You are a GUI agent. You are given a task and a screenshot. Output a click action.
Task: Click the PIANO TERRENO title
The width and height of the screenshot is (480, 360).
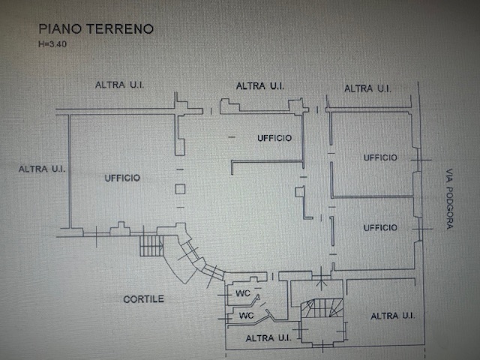[x=96, y=29]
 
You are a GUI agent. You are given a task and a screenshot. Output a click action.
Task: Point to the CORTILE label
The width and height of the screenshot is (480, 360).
[x=143, y=299]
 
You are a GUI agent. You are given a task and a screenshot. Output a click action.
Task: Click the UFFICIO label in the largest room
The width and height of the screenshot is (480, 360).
[x=122, y=178]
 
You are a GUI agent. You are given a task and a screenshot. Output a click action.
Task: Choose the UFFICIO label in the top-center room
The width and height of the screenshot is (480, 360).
[x=274, y=138]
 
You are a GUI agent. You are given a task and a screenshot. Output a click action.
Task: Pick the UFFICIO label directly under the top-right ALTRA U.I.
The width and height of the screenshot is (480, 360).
[x=380, y=157]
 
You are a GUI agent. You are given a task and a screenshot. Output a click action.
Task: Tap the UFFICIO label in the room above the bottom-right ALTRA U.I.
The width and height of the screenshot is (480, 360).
[x=380, y=227]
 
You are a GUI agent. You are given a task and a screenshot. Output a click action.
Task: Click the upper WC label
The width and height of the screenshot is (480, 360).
[x=243, y=292]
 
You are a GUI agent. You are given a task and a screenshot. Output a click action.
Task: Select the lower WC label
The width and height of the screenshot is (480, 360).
[x=245, y=316]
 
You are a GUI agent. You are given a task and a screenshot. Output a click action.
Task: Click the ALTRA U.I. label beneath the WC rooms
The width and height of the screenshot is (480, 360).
[x=268, y=338]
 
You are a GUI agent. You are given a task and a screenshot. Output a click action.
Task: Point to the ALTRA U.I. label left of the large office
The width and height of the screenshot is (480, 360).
[x=42, y=169]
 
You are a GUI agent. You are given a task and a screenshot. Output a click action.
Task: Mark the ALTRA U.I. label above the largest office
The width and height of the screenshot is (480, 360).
[x=120, y=85]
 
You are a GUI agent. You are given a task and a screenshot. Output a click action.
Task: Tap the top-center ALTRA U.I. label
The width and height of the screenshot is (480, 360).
[x=259, y=86]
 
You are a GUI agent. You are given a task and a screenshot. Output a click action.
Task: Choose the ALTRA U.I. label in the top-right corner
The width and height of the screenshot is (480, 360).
[x=367, y=88]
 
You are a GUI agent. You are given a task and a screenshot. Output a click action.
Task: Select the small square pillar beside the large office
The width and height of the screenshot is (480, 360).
[x=180, y=189]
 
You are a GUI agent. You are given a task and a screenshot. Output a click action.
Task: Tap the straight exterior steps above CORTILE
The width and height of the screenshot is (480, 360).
[x=152, y=244]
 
